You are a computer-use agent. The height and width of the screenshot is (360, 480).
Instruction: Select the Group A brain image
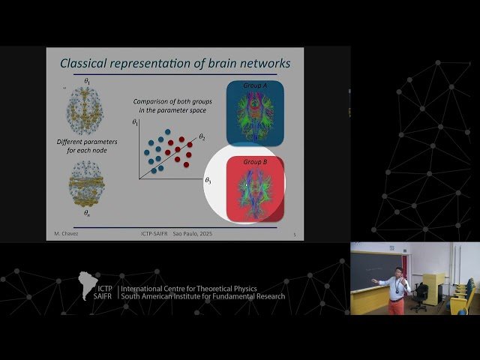255,112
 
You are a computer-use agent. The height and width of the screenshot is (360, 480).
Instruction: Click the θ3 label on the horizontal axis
208,181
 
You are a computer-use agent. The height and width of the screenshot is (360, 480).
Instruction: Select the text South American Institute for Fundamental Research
202,296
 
